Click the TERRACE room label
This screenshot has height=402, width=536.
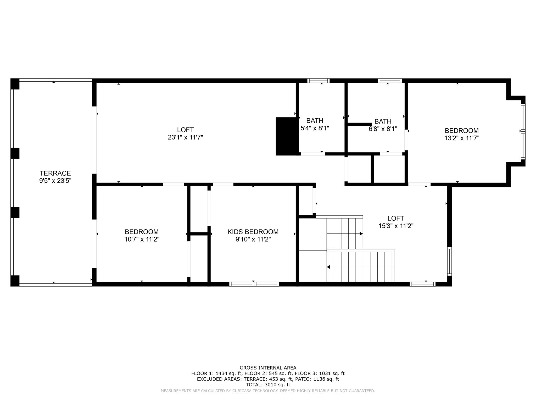click(x=55, y=173)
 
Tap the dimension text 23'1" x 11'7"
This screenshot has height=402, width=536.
click(x=185, y=137)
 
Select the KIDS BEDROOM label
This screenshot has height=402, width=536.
click(x=253, y=232)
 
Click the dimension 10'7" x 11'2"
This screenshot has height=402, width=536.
click(x=142, y=239)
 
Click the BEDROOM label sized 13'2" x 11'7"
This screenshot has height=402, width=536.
click(x=462, y=131)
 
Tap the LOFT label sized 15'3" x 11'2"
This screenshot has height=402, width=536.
click(x=396, y=218)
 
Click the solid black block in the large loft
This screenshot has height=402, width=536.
click(x=287, y=136)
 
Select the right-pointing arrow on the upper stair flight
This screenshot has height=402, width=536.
click(x=361, y=234)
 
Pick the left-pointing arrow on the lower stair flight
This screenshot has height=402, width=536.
click(x=328, y=267)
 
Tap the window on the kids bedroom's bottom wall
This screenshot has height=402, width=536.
click(x=254, y=284)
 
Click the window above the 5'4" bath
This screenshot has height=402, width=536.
click(x=318, y=81)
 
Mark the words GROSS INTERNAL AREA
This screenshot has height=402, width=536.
click(x=268, y=368)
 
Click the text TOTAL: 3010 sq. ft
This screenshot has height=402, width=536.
click(x=268, y=385)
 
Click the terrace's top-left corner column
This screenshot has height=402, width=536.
click(x=15, y=84)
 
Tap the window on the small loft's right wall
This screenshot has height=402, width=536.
click(x=449, y=261)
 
